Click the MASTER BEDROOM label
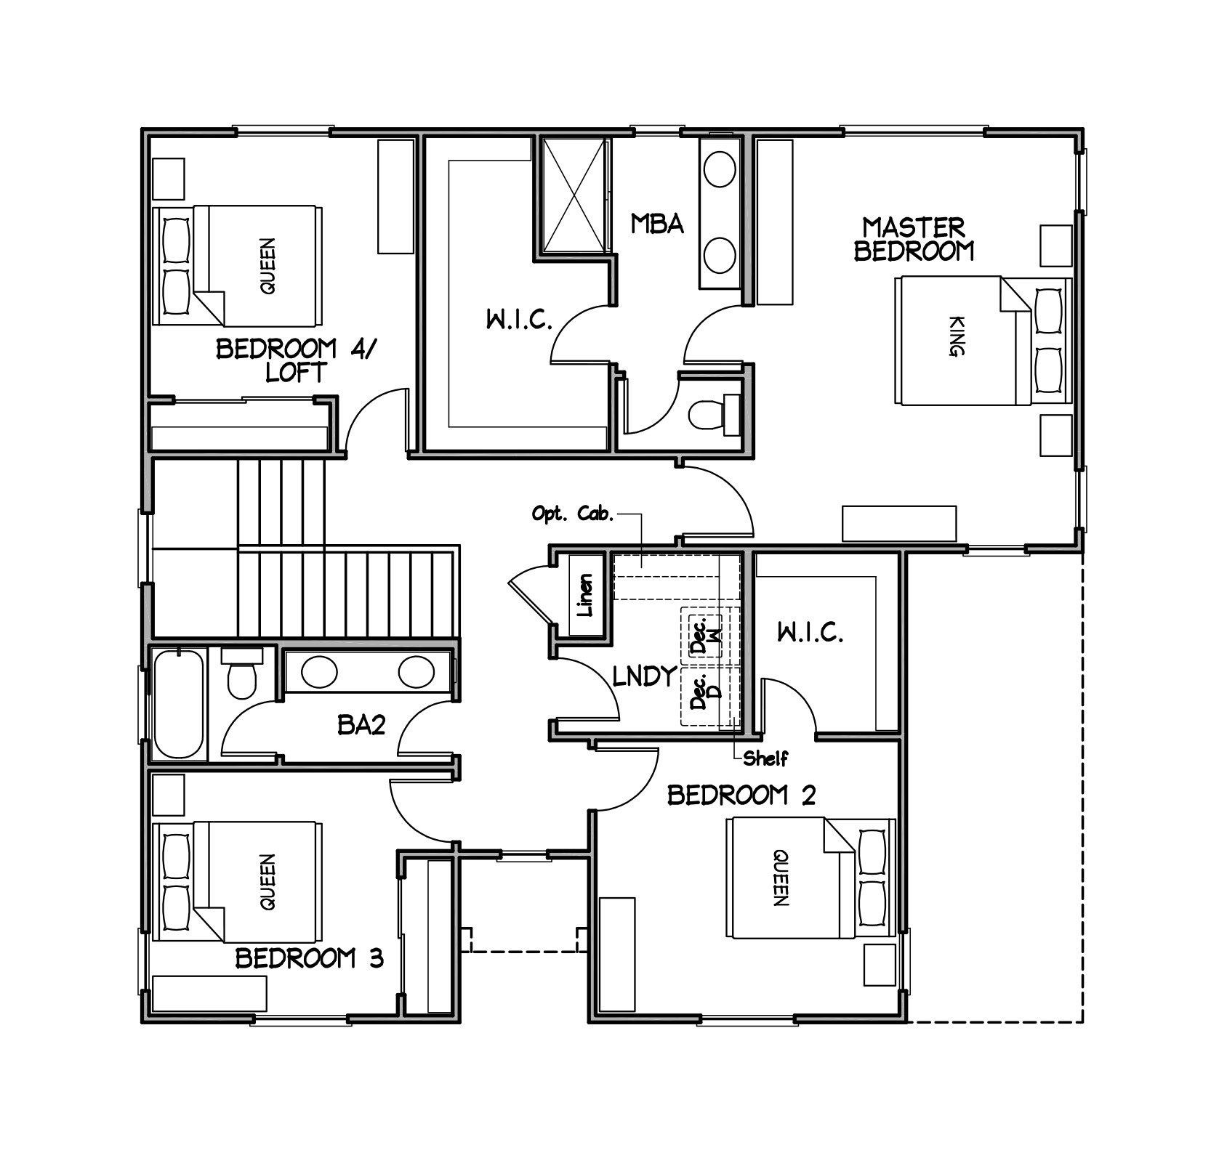(x=914, y=239)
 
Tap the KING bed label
(x=957, y=336)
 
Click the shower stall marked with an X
(x=575, y=195)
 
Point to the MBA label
(x=656, y=224)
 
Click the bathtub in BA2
(x=177, y=704)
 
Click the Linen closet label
(x=585, y=596)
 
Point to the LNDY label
(x=645, y=676)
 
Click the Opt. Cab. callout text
(x=574, y=514)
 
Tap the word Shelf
(x=765, y=759)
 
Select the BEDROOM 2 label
(x=741, y=795)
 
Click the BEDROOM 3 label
(x=309, y=958)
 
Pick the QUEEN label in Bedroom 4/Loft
(x=268, y=266)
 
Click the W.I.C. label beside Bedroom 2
(x=810, y=633)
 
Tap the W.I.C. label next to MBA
(x=519, y=320)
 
